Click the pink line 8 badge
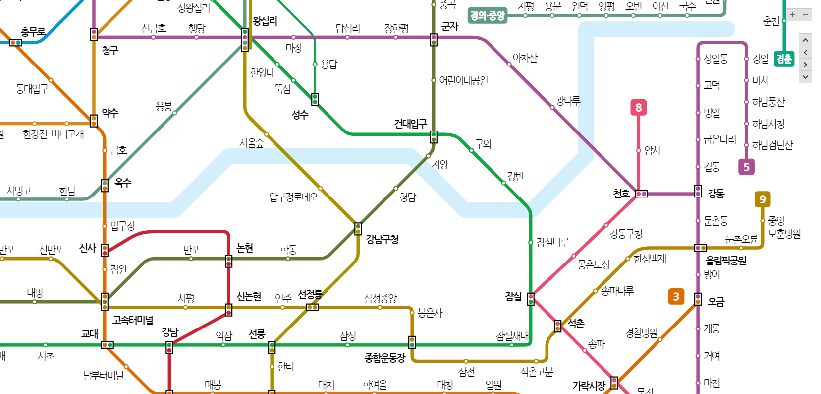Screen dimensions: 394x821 [638, 108]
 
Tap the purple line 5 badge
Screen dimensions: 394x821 [746, 167]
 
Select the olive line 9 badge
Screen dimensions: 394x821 [762, 199]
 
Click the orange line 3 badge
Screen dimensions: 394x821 [676, 297]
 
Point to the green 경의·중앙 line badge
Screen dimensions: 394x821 [488, 16]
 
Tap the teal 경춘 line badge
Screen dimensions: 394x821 [784, 59]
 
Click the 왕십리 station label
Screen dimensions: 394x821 [265, 21]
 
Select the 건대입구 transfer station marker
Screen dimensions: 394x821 [434, 137]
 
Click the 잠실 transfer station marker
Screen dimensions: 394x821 [531, 299]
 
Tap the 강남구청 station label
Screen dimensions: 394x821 [382, 239]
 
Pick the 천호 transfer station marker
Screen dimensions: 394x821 [641, 194]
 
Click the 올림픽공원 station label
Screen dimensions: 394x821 [726, 261]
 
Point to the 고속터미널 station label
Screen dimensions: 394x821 [133, 320]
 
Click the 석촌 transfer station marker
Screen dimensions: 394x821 [557, 326]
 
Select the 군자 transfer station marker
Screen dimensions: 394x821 [434, 40]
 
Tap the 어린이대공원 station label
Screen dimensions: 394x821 [464, 80]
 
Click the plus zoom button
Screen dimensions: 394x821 [793, 15]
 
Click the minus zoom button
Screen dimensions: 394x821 [806, 15]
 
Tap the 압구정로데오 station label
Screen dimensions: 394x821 [293, 197]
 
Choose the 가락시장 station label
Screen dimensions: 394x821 [589, 385]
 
